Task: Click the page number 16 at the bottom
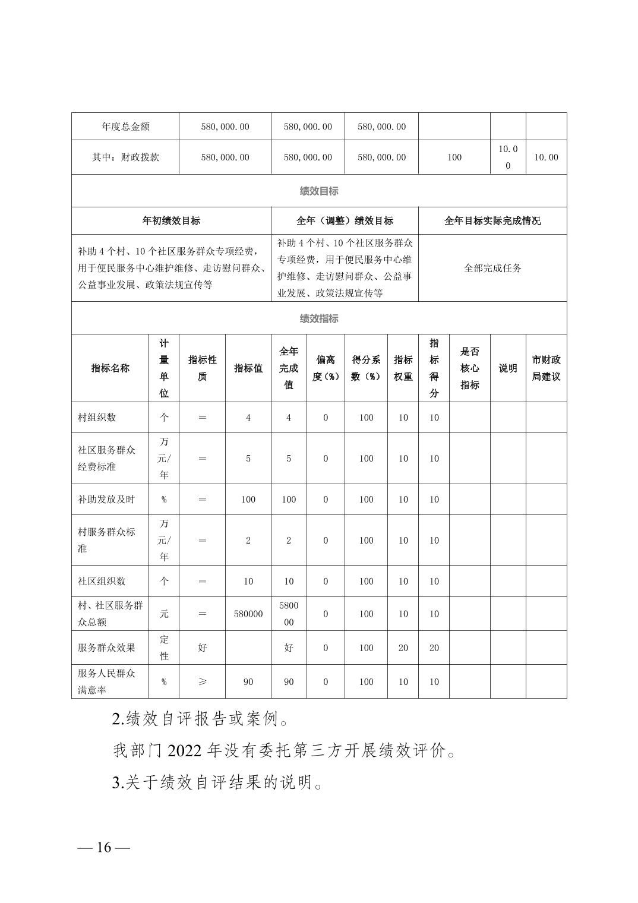click(104, 847)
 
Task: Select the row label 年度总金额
click(125, 127)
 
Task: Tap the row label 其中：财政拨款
click(125, 157)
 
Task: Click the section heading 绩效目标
click(319, 191)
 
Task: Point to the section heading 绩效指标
click(319, 318)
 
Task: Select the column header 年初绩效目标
click(171, 221)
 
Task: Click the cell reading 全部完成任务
click(492, 268)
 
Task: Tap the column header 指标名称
click(110, 368)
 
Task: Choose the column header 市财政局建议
click(546, 368)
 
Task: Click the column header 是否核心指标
click(469, 368)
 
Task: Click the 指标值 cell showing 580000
click(248, 614)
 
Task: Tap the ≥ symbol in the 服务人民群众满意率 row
click(202, 681)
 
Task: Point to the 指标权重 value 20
click(403, 648)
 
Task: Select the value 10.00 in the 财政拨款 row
click(546, 157)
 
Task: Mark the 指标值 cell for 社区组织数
click(248, 581)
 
